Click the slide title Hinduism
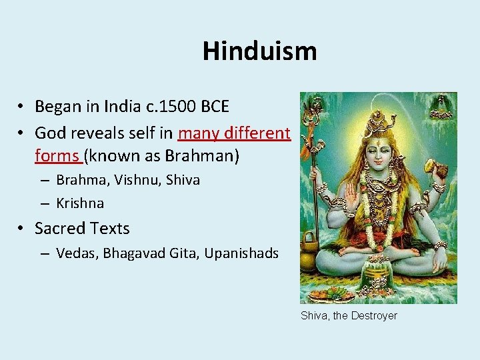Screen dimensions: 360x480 (259, 51)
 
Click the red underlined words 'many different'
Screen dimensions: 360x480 (234, 133)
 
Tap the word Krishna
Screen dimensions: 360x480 (80, 203)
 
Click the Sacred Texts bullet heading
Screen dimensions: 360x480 (82, 228)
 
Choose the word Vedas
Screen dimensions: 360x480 (75, 253)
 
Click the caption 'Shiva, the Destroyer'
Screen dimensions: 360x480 (349, 315)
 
